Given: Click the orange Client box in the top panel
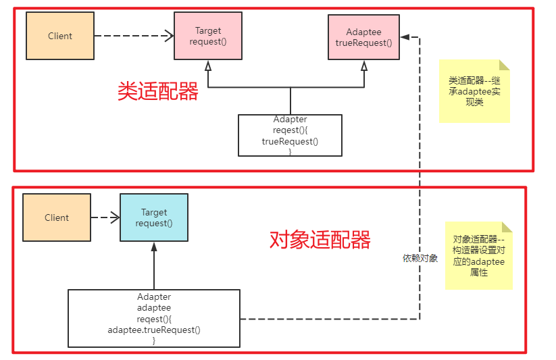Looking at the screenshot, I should click(59, 36).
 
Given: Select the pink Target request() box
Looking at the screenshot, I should click(208, 36).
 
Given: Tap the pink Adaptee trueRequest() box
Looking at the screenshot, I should click(363, 37).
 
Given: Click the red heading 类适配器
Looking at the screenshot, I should click(158, 92).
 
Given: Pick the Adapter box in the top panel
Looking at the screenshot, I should click(290, 136).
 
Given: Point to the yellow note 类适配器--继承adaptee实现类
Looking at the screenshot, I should click(474, 91).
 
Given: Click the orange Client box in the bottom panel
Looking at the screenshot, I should click(57, 217).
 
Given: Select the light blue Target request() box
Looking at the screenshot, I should click(154, 217).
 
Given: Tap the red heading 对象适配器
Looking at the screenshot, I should click(320, 239).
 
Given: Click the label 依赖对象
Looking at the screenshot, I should click(420, 258).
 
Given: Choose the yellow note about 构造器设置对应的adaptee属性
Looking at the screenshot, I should click(478, 256).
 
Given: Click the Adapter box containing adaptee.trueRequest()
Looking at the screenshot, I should click(154, 318).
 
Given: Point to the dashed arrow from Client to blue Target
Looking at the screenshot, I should click(105, 217).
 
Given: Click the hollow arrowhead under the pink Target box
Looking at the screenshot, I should click(208, 66).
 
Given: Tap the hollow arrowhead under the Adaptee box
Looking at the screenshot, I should click(364, 66).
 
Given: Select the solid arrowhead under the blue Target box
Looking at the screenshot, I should click(154, 247).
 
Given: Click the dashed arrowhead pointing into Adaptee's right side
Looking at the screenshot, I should click(405, 36).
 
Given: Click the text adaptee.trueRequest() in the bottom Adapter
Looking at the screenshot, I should click(154, 330).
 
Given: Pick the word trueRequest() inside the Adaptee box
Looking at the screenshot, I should click(363, 43).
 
